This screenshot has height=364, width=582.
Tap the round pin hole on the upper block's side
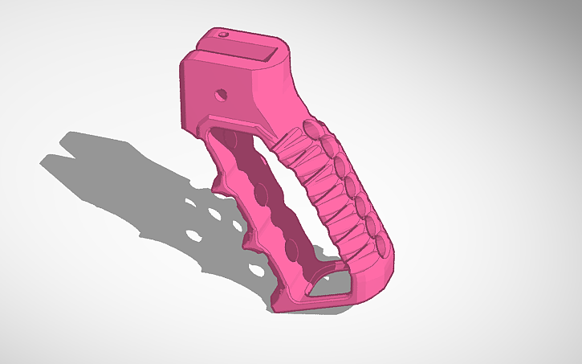219,94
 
